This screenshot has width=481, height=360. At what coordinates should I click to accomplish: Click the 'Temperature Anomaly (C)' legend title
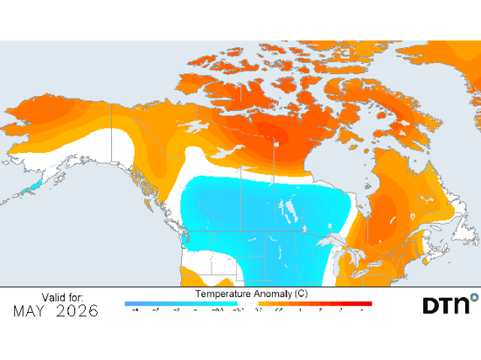click(249, 294)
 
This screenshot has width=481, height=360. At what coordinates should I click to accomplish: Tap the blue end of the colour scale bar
click(131, 303)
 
